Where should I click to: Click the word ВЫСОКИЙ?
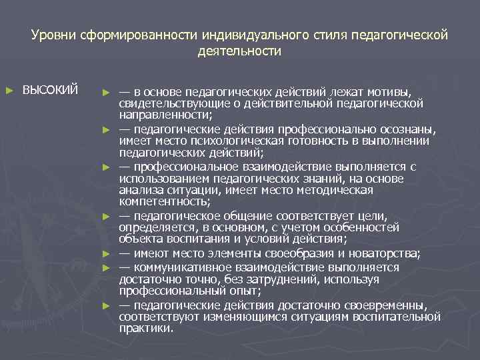(51, 90)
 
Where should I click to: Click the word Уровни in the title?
(53, 34)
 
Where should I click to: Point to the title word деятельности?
(240, 51)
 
